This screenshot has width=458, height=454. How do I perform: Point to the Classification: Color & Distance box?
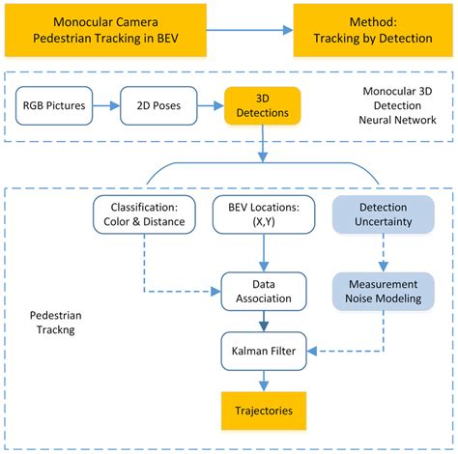[x=144, y=214]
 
